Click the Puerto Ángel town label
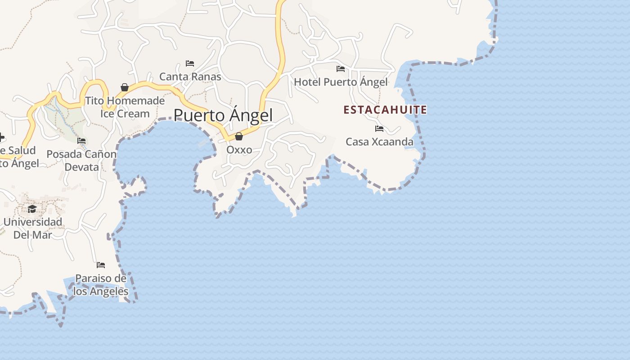point(223,116)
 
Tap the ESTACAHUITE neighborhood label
point(385,110)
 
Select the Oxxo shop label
point(239,149)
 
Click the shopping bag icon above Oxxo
point(239,136)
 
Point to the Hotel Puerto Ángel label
point(341,82)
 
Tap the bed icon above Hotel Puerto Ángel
point(341,69)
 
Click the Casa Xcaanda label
point(379,142)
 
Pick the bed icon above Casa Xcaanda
point(379,129)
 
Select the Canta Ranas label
point(190,76)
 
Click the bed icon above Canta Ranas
point(190,63)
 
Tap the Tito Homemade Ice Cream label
point(125,107)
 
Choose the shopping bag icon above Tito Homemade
point(125,87)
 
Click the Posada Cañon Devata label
point(81,161)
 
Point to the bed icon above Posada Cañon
point(81,141)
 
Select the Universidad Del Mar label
point(32,228)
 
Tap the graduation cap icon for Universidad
point(32,209)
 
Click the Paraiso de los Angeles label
point(101,285)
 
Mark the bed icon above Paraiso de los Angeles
point(101,265)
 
